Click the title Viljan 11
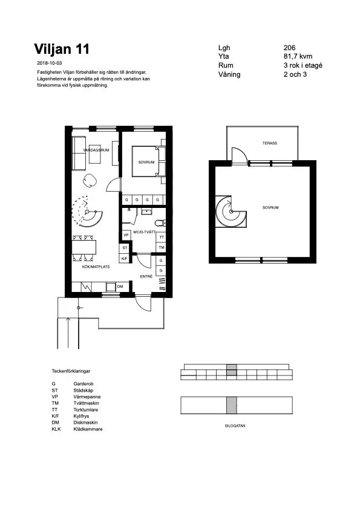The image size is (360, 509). coord(62,48)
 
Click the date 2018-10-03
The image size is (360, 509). coord(50,63)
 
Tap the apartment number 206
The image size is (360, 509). coord(289,48)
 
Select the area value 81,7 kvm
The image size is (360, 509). coord(298,56)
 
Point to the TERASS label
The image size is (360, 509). coord(269,143)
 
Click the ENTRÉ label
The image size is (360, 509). coord(146,276)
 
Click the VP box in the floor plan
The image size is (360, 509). coord(125,236)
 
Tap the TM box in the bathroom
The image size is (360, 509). coord(162,248)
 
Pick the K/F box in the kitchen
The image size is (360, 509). coord(125,259)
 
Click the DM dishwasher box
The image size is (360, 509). coord(120,286)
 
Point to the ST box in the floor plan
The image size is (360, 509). coord(125,248)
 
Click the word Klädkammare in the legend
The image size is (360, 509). coord(88,429)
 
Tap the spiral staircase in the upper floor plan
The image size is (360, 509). coord(232,211)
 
